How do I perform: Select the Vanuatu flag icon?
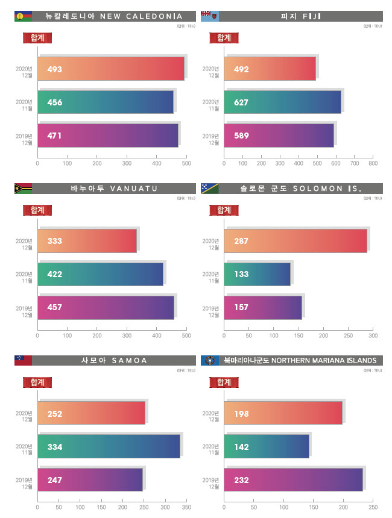point(23,189)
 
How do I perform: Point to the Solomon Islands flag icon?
point(209,189)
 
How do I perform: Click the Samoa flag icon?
point(23,360)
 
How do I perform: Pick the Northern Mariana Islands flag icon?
point(209,360)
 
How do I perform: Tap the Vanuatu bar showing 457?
point(106,307)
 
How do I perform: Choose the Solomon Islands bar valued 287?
point(296,241)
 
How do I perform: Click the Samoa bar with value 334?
point(109,446)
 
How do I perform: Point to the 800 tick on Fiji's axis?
point(373,163)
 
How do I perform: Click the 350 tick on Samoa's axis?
point(186,508)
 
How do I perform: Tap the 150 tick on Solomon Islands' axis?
point(299,335)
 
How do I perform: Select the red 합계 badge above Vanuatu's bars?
point(37,210)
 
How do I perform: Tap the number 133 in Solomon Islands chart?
point(241,274)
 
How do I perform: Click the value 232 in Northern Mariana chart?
point(241,480)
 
